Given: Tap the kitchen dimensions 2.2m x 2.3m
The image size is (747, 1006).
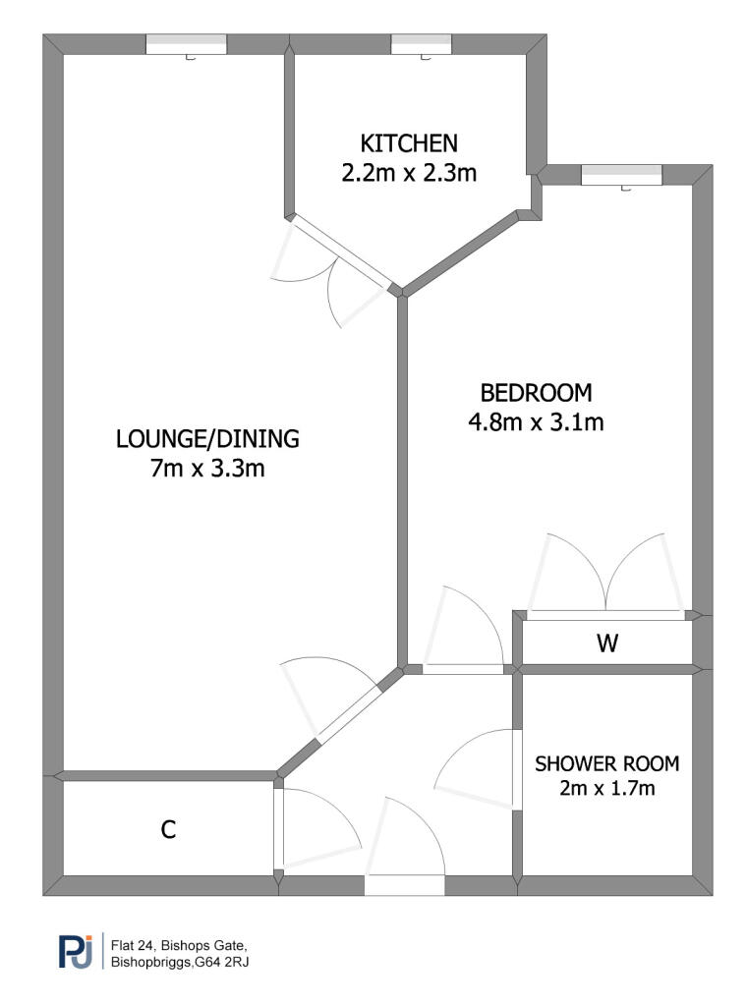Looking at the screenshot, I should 408,174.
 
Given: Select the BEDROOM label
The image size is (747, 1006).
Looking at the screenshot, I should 537,393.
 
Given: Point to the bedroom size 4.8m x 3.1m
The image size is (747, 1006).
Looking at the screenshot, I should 537,424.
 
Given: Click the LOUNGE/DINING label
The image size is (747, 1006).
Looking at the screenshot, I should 206,438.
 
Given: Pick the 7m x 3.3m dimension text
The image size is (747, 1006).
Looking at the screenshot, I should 206,470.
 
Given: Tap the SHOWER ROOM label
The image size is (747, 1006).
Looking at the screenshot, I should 606,763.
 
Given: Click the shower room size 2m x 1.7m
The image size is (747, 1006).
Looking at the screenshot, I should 606,788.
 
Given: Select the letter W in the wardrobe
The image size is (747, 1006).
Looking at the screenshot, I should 607,644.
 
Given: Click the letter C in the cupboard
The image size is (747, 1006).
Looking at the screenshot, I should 168,830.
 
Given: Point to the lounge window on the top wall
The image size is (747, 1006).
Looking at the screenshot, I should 187,44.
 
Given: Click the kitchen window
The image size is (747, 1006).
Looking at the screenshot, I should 422,44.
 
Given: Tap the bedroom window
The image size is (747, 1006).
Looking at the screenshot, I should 621,175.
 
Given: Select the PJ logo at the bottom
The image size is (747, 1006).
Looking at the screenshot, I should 77,952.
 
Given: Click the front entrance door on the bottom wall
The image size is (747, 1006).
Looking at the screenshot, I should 403,884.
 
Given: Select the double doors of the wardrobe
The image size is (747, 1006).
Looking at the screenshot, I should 605,614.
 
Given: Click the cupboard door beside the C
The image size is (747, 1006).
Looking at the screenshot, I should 278,827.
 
